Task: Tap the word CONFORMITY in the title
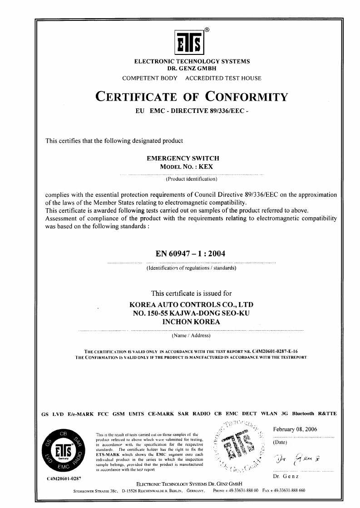coord(247,97)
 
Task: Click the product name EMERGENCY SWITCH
coord(183,158)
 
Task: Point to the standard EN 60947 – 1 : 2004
coord(191,254)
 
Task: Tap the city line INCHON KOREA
coord(191,322)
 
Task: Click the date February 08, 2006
coord(295,429)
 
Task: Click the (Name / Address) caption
coord(191,336)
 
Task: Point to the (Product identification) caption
coord(191,179)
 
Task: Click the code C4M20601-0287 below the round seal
coord(64,479)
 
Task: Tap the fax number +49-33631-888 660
coord(287,491)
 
